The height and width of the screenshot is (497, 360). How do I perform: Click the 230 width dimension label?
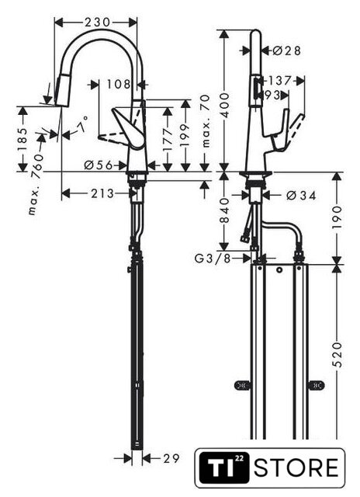point(97,23)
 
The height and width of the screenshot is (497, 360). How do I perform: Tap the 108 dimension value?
point(119,85)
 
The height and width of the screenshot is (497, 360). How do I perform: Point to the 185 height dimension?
point(22,140)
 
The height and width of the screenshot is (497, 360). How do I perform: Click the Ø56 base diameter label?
point(99,165)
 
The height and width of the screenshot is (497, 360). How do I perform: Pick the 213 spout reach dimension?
point(102,193)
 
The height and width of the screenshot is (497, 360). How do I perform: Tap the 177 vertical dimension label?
point(168,139)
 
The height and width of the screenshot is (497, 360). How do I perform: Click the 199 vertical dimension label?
point(185,135)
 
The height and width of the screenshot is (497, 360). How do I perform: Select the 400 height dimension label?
point(224,105)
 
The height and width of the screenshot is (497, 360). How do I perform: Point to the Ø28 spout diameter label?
point(286,50)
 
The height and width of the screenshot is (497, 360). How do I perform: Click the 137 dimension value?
point(279,81)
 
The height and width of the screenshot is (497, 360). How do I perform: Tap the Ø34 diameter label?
point(301,196)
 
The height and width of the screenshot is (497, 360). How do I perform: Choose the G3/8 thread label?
point(213,259)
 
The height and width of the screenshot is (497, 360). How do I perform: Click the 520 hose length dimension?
point(337,354)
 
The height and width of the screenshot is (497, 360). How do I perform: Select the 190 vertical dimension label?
point(337,217)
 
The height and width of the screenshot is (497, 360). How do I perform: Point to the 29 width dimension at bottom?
point(171,458)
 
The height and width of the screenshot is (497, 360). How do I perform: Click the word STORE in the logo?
point(296,467)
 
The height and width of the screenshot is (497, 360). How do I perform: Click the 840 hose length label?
point(224,210)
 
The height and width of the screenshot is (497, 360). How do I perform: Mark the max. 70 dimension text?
point(206,121)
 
